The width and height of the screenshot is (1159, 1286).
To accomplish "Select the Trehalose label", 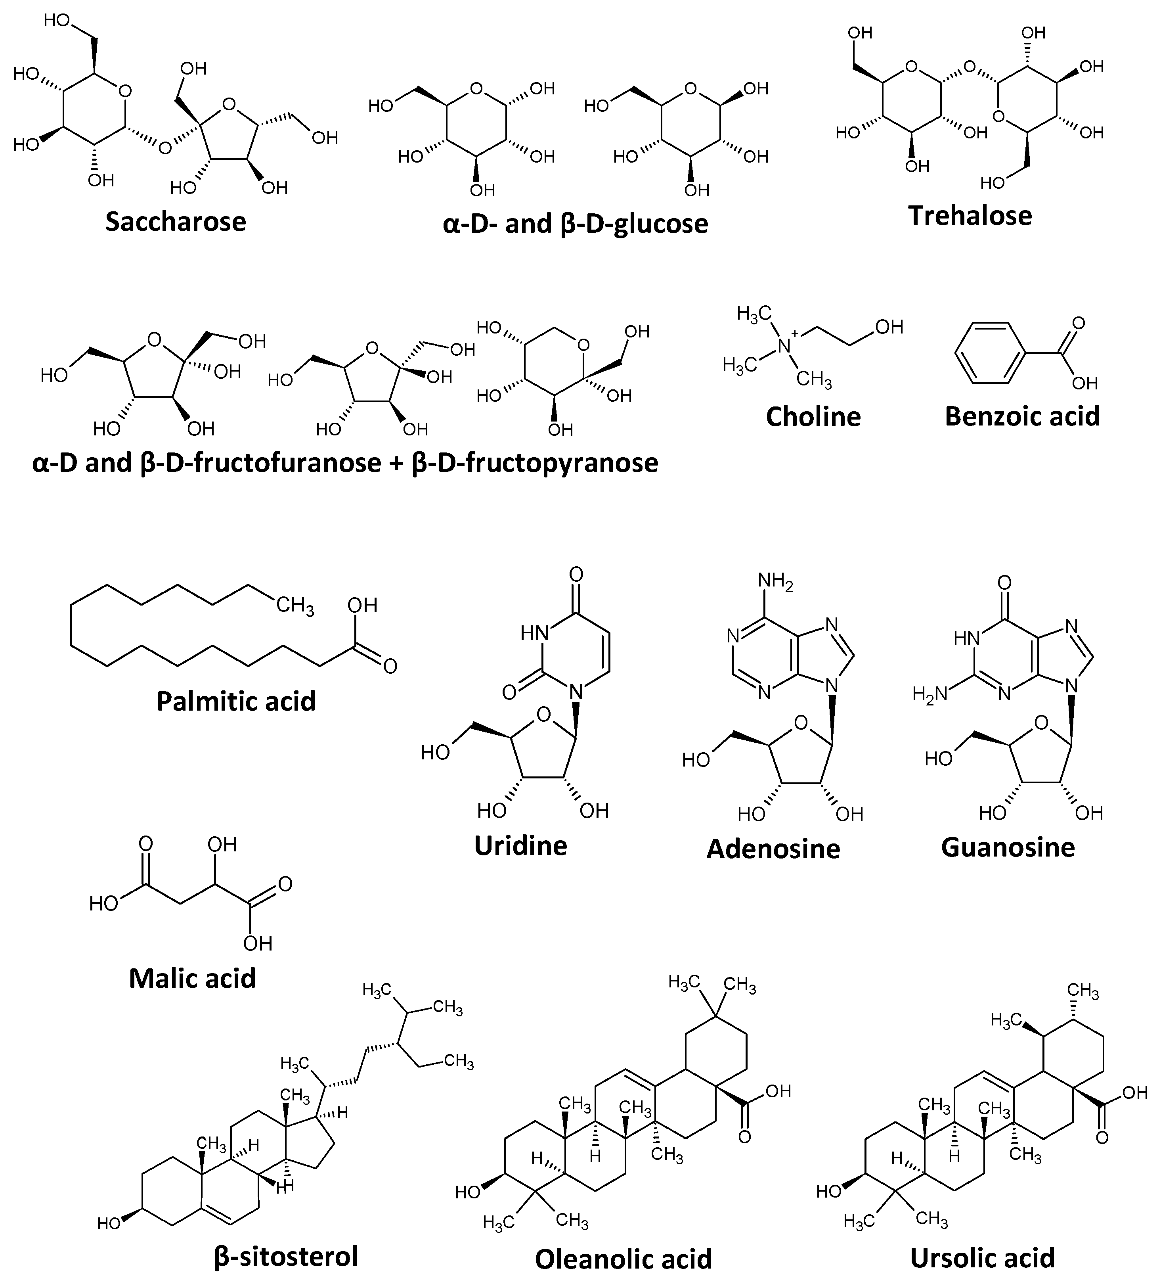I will (970, 216).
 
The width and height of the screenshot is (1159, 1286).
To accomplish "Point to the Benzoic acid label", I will (1022, 416).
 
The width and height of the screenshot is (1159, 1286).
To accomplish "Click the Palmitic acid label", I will (236, 701).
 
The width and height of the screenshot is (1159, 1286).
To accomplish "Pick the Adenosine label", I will (773, 849).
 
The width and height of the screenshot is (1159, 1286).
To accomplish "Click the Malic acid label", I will (192, 978).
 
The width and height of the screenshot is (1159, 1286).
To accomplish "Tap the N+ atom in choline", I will (785, 345).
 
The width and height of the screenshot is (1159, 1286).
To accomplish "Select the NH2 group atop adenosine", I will (775, 581).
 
